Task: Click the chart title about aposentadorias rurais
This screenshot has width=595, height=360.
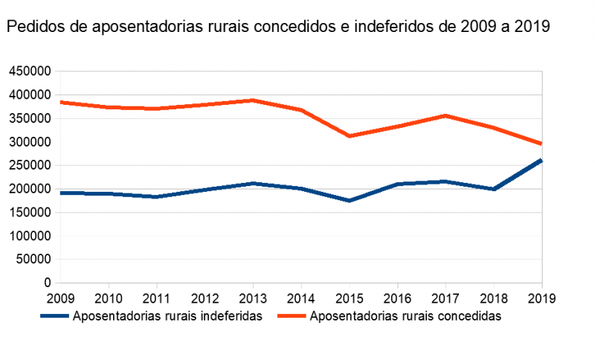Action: click(x=278, y=28)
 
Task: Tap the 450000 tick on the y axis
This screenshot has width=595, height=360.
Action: click(x=29, y=71)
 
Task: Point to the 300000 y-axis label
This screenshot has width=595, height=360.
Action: click(x=29, y=141)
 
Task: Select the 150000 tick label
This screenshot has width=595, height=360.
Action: click(x=29, y=212)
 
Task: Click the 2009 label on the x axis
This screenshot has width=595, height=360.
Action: click(x=61, y=298)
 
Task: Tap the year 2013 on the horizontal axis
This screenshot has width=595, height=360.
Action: click(x=253, y=298)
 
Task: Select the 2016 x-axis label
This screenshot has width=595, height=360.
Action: click(x=397, y=298)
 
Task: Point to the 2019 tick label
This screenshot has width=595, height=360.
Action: click(x=541, y=298)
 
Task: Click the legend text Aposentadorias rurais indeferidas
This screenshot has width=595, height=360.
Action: click(x=167, y=315)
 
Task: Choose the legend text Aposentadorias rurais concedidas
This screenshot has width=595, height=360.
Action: click(x=405, y=315)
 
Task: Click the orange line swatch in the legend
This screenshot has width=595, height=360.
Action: click(x=292, y=316)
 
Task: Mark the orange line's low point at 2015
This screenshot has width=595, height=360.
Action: click(x=350, y=136)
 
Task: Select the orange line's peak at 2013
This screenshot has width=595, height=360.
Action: click(x=253, y=100)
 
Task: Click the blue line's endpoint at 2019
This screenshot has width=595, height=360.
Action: click(x=541, y=160)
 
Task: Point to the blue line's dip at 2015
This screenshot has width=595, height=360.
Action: click(x=350, y=201)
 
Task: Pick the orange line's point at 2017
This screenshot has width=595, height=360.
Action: click(x=446, y=115)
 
